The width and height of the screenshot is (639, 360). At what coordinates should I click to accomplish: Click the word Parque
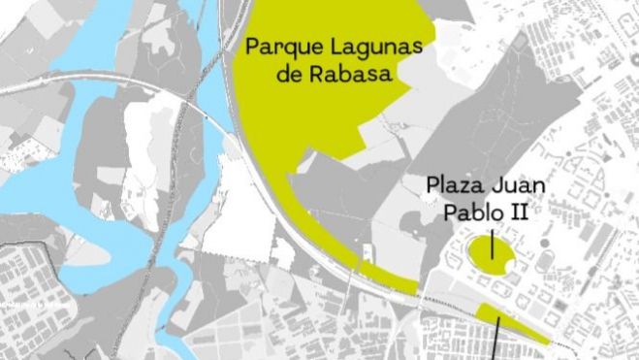click(x=278, y=47)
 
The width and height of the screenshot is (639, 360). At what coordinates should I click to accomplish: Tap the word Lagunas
click(x=365, y=47)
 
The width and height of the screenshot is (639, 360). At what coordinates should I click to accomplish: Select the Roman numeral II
click(x=517, y=213)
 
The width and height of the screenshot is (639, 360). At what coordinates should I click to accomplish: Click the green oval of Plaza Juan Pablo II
click(x=491, y=255)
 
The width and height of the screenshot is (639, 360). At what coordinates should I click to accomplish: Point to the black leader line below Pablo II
click(x=493, y=243)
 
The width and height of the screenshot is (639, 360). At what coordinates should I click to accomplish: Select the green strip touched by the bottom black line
click(x=514, y=324)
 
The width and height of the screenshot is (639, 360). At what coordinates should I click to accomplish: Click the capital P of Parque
click(x=250, y=47)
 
